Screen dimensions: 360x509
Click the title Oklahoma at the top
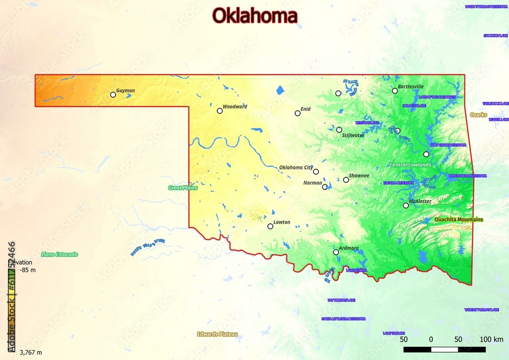tap(254, 16)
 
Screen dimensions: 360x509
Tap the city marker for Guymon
tap(113, 95)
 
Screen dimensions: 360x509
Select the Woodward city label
tap(235, 106)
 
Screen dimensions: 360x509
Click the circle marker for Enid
tap(298, 113)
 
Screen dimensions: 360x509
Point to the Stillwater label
tap(353, 135)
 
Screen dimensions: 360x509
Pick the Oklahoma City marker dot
tap(316, 172)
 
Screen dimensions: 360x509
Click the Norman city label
tap(313, 183)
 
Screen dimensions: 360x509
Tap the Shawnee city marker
tap(346, 180)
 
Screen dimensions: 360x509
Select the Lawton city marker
tap(270, 226)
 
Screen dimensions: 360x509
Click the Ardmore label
tap(349, 248)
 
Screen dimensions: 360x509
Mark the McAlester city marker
tap(406, 206)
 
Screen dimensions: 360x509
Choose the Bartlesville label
tap(410, 86)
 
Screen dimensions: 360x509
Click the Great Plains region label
tap(183, 188)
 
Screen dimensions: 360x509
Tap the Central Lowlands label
tap(410, 165)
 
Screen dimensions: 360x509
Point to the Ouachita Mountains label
tap(458, 219)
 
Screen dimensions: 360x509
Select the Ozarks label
tap(478, 115)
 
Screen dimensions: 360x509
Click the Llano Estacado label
tap(60, 254)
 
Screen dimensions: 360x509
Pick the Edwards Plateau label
tap(217, 335)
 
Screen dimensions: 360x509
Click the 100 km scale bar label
tap(491, 340)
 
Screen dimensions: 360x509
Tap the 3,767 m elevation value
tap(31, 352)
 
